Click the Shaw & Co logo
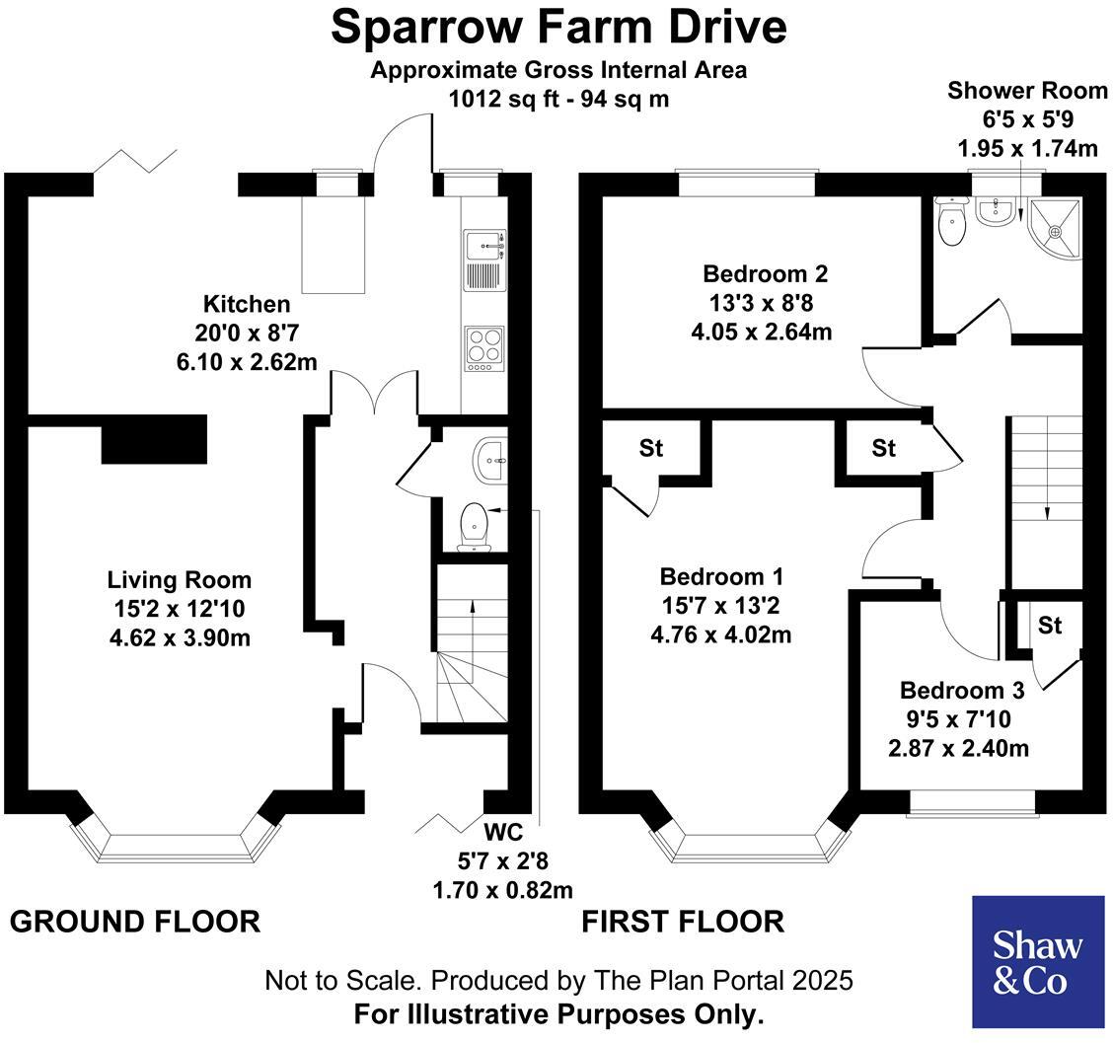(x=1037, y=962)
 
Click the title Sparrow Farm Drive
(x=558, y=27)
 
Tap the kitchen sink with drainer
(x=484, y=261)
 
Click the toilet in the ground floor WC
(x=475, y=524)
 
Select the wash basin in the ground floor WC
(x=490, y=459)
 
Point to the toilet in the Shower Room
(x=952, y=224)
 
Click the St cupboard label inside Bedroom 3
(x=1049, y=626)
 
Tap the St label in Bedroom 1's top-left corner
(x=650, y=448)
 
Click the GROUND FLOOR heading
(x=135, y=922)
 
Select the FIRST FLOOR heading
(x=683, y=922)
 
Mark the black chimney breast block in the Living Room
(x=154, y=439)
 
